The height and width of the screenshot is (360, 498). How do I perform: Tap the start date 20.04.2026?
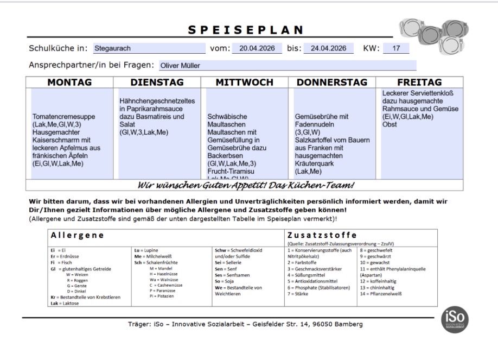(x=257, y=48)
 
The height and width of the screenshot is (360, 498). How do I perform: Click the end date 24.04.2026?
(x=328, y=48)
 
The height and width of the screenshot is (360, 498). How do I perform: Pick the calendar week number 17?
(x=396, y=48)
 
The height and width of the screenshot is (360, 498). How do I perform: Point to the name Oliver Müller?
(x=180, y=66)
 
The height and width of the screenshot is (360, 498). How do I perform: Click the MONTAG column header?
(x=69, y=83)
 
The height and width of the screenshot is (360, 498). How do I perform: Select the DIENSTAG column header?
(x=157, y=83)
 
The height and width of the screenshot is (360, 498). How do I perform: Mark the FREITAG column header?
(x=419, y=83)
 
